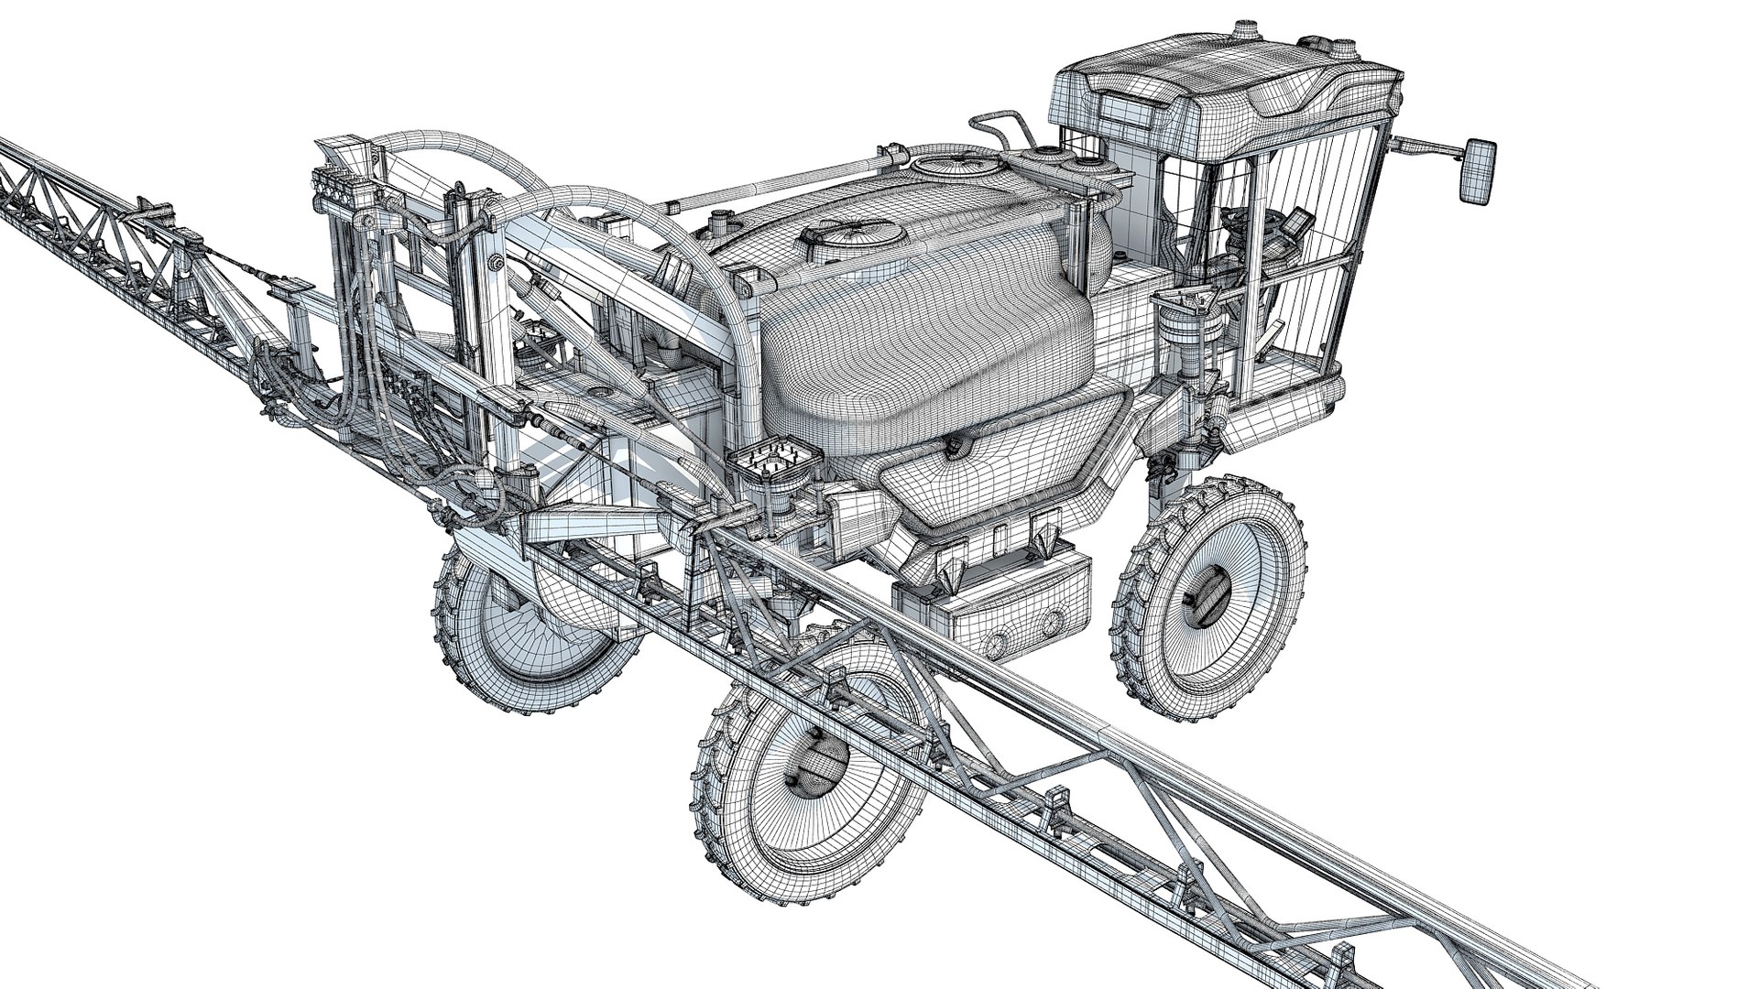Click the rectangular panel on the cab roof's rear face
[1130, 110]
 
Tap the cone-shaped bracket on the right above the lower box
[1043, 538]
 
